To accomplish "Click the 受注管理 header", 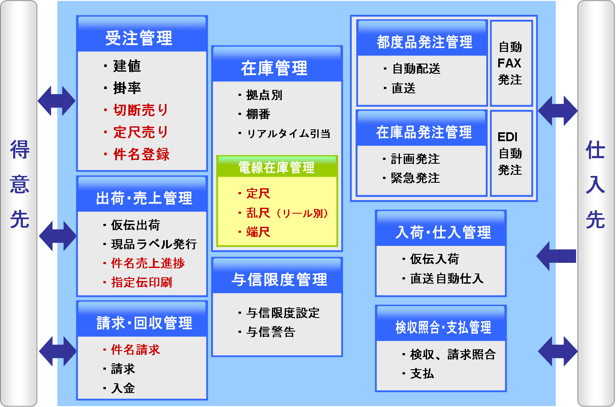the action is pyautogui.click(x=139, y=38).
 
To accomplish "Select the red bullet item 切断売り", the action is pyautogui.click(x=141, y=110).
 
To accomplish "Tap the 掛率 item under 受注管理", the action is pyautogui.click(x=127, y=88).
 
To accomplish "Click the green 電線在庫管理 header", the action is pyautogui.click(x=276, y=167).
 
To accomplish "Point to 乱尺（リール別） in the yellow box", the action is pyautogui.click(x=287, y=213).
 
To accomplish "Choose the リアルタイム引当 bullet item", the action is pyautogui.click(x=288, y=134).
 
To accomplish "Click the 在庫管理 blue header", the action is pyautogui.click(x=274, y=68).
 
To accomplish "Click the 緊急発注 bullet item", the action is pyautogui.click(x=415, y=178).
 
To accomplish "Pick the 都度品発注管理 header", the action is pyautogui.click(x=425, y=42).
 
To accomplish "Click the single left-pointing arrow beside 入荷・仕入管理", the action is pyautogui.click(x=556, y=256).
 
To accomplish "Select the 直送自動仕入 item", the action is pyautogui.click(x=447, y=278).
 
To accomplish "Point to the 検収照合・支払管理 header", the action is pyautogui.click(x=443, y=327).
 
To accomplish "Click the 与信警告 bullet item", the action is pyautogui.click(x=271, y=332).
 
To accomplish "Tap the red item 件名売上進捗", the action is pyautogui.click(x=148, y=263).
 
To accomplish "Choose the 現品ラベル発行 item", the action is pyautogui.click(x=154, y=244).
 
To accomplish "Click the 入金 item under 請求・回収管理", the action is pyautogui.click(x=123, y=388).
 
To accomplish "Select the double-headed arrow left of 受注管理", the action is pyautogui.click(x=57, y=101).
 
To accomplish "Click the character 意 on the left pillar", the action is pyautogui.click(x=19, y=184).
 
